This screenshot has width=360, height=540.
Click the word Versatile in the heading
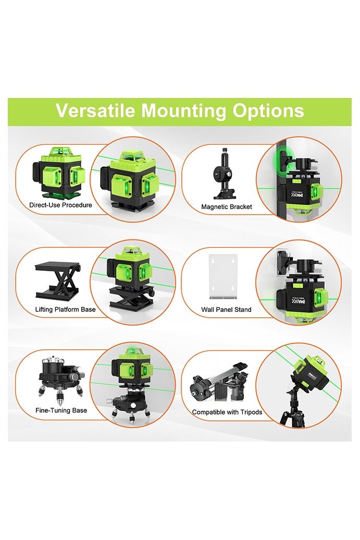point(95,111)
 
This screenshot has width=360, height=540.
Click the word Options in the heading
point(268,111)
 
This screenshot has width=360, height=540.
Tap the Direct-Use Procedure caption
point(60,205)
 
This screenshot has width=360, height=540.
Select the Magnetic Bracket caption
point(227,207)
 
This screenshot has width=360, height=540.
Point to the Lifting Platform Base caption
point(66,309)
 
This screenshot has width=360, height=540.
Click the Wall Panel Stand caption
point(226,309)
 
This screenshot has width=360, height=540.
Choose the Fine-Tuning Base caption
point(61,411)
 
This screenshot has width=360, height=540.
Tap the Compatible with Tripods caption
point(227,412)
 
